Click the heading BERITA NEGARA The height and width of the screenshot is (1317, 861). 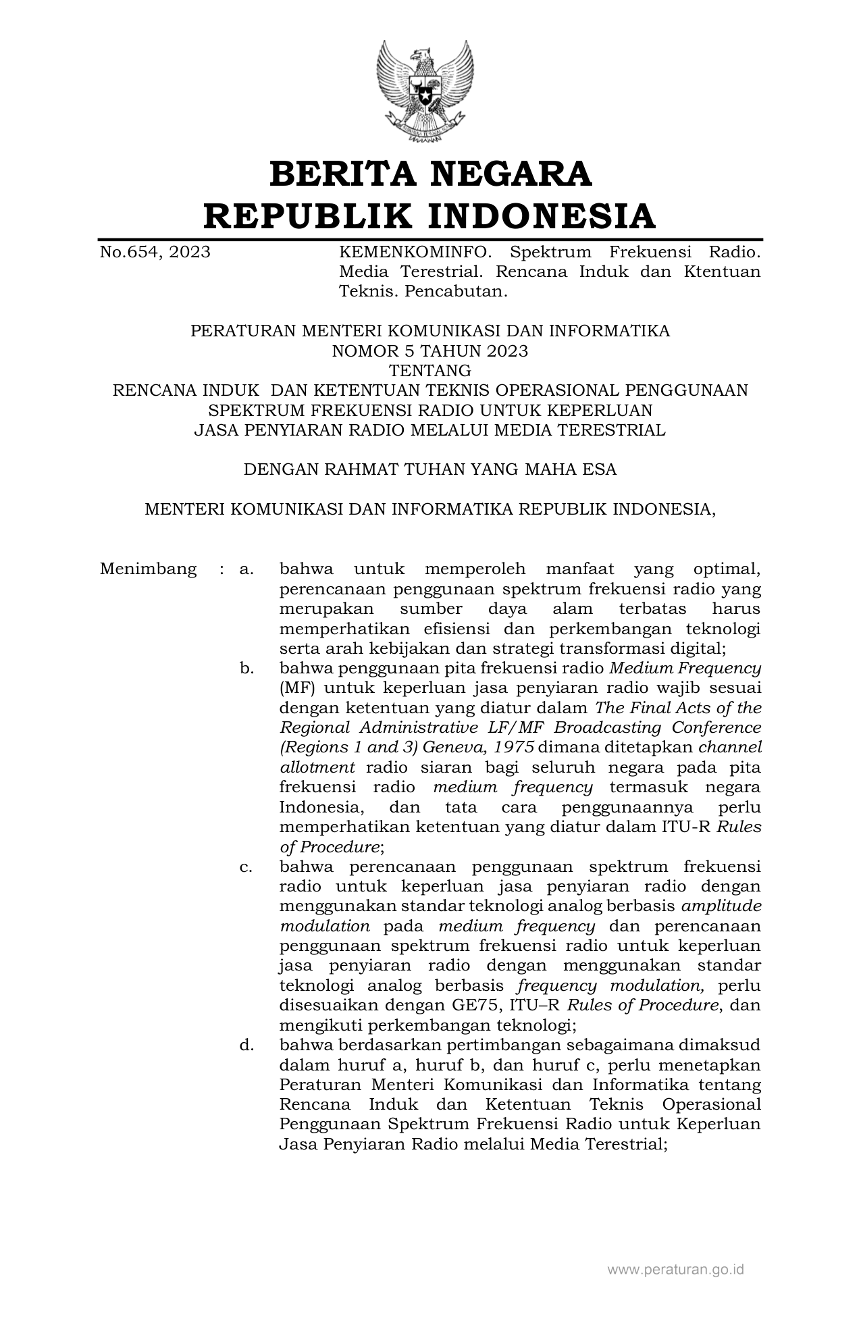pos(430,174)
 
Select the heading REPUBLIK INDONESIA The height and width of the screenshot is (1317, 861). pos(430,216)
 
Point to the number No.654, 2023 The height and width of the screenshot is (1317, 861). pos(155,253)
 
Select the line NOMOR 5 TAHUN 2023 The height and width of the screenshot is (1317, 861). pos(430,351)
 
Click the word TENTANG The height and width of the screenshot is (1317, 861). pos(430,371)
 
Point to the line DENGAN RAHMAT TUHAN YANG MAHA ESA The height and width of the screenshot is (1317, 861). pos(430,469)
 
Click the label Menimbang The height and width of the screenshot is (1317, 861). pos(148,569)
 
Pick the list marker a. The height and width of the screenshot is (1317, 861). pos(246,569)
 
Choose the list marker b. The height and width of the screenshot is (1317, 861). pos(246,669)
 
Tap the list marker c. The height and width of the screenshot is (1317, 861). pos(246,867)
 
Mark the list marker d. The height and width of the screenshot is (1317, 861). pos(246,1045)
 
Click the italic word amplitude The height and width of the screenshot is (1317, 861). pos(722,906)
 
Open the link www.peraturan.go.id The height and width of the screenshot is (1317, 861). pos(675,1269)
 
